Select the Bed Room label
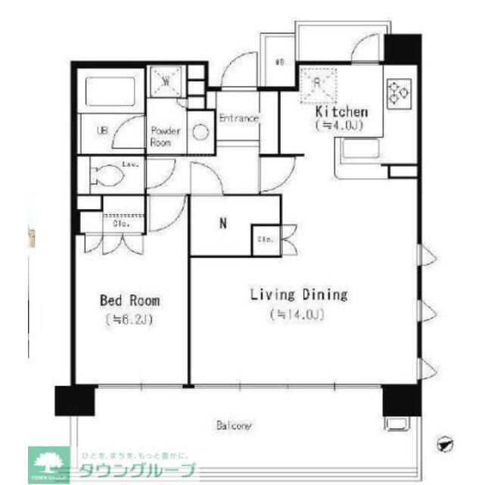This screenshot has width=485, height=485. click(129, 301)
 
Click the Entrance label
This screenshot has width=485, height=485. click(239, 119)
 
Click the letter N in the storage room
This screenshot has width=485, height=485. click(222, 224)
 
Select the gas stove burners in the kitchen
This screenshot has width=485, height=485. click(398, 93)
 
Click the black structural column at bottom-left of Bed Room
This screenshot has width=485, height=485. click(74, 400)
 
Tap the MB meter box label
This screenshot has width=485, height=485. click(279, 63)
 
